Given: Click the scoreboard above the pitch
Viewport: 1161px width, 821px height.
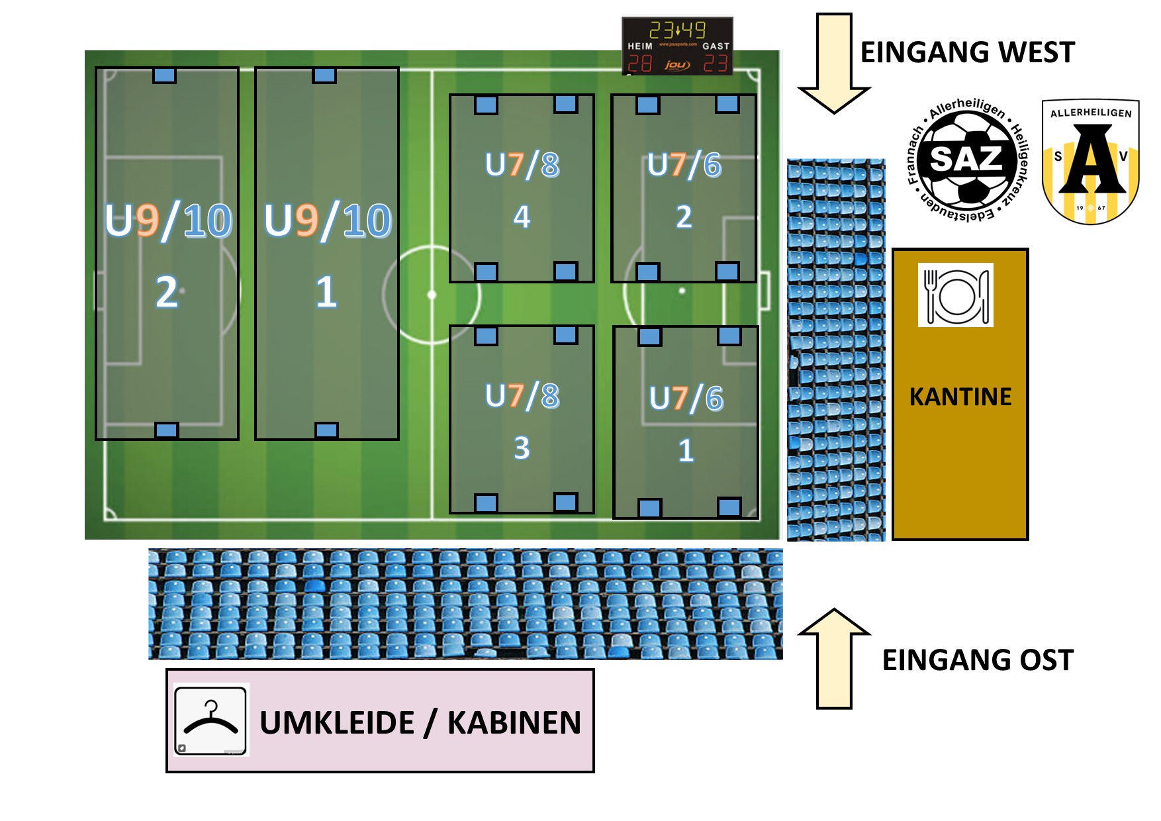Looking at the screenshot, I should coord(677,46).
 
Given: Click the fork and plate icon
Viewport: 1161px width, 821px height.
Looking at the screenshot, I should coord(955,295).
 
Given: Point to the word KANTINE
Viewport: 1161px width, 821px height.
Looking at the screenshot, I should coord(960,397).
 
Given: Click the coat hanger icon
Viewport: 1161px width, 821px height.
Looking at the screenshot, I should coord(210,720).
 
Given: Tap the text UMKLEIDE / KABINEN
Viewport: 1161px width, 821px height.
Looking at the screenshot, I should coord(420,722).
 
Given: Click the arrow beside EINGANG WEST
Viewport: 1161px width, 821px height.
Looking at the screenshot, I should coord(834,63).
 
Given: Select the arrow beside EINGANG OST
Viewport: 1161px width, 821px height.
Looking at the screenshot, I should coord(834,659).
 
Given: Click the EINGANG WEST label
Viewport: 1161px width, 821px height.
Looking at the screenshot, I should coord(967,52).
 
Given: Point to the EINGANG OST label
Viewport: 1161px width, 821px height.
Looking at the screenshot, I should coord(978,660).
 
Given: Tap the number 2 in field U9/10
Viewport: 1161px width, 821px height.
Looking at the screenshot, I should coord(167,292).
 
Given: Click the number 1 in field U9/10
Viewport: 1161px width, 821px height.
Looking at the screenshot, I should coord(326,292).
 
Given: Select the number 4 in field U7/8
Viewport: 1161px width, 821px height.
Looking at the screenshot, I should coord(522,217).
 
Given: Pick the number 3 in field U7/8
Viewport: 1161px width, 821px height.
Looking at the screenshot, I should coord(522,448).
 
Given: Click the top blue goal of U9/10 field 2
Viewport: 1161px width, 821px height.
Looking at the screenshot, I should coord(165,75).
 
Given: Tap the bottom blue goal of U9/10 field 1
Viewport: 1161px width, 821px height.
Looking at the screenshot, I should coord(326,430).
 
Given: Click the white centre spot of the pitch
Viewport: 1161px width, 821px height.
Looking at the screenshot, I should coord(432,295).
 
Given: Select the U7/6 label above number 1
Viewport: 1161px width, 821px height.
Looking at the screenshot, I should coord(686,399).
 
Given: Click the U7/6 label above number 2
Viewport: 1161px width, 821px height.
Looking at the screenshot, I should coord(684,165).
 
